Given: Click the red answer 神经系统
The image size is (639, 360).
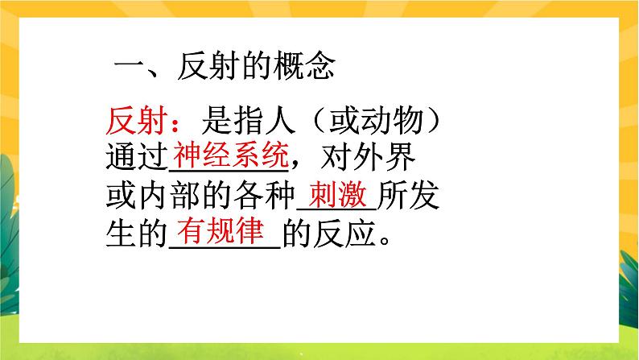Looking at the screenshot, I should point(230,153).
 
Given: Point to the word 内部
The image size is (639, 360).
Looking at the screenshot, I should point(175,197).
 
